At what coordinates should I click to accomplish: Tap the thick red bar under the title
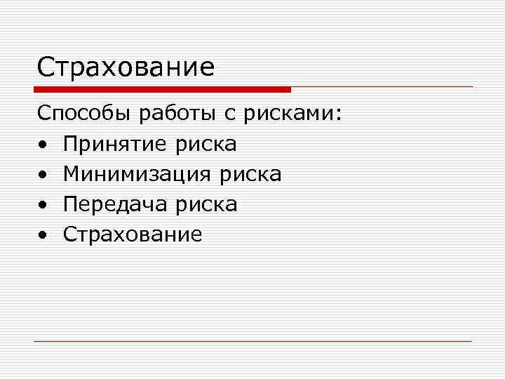point(161,90)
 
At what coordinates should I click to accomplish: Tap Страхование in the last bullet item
point(133,234)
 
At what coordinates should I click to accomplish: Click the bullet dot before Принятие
point(43,145)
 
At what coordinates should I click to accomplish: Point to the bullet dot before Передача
point(43,205)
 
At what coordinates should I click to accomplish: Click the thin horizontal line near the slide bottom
point(252,341)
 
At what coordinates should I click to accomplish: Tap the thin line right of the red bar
point(382,87)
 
